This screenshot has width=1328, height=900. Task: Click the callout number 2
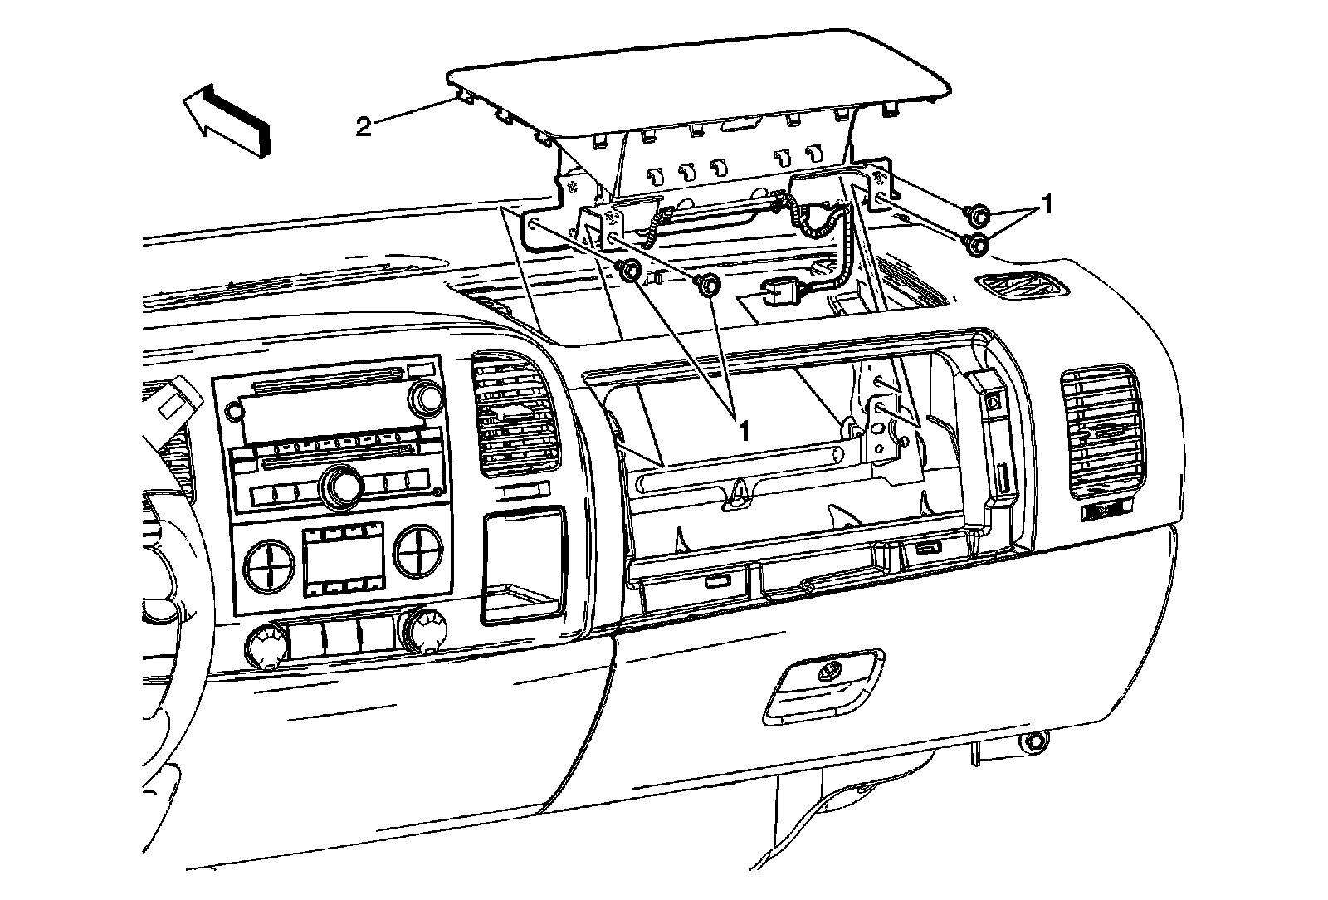click(x=363, y=127)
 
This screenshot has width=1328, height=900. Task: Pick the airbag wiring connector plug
click(x=783, y=292)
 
